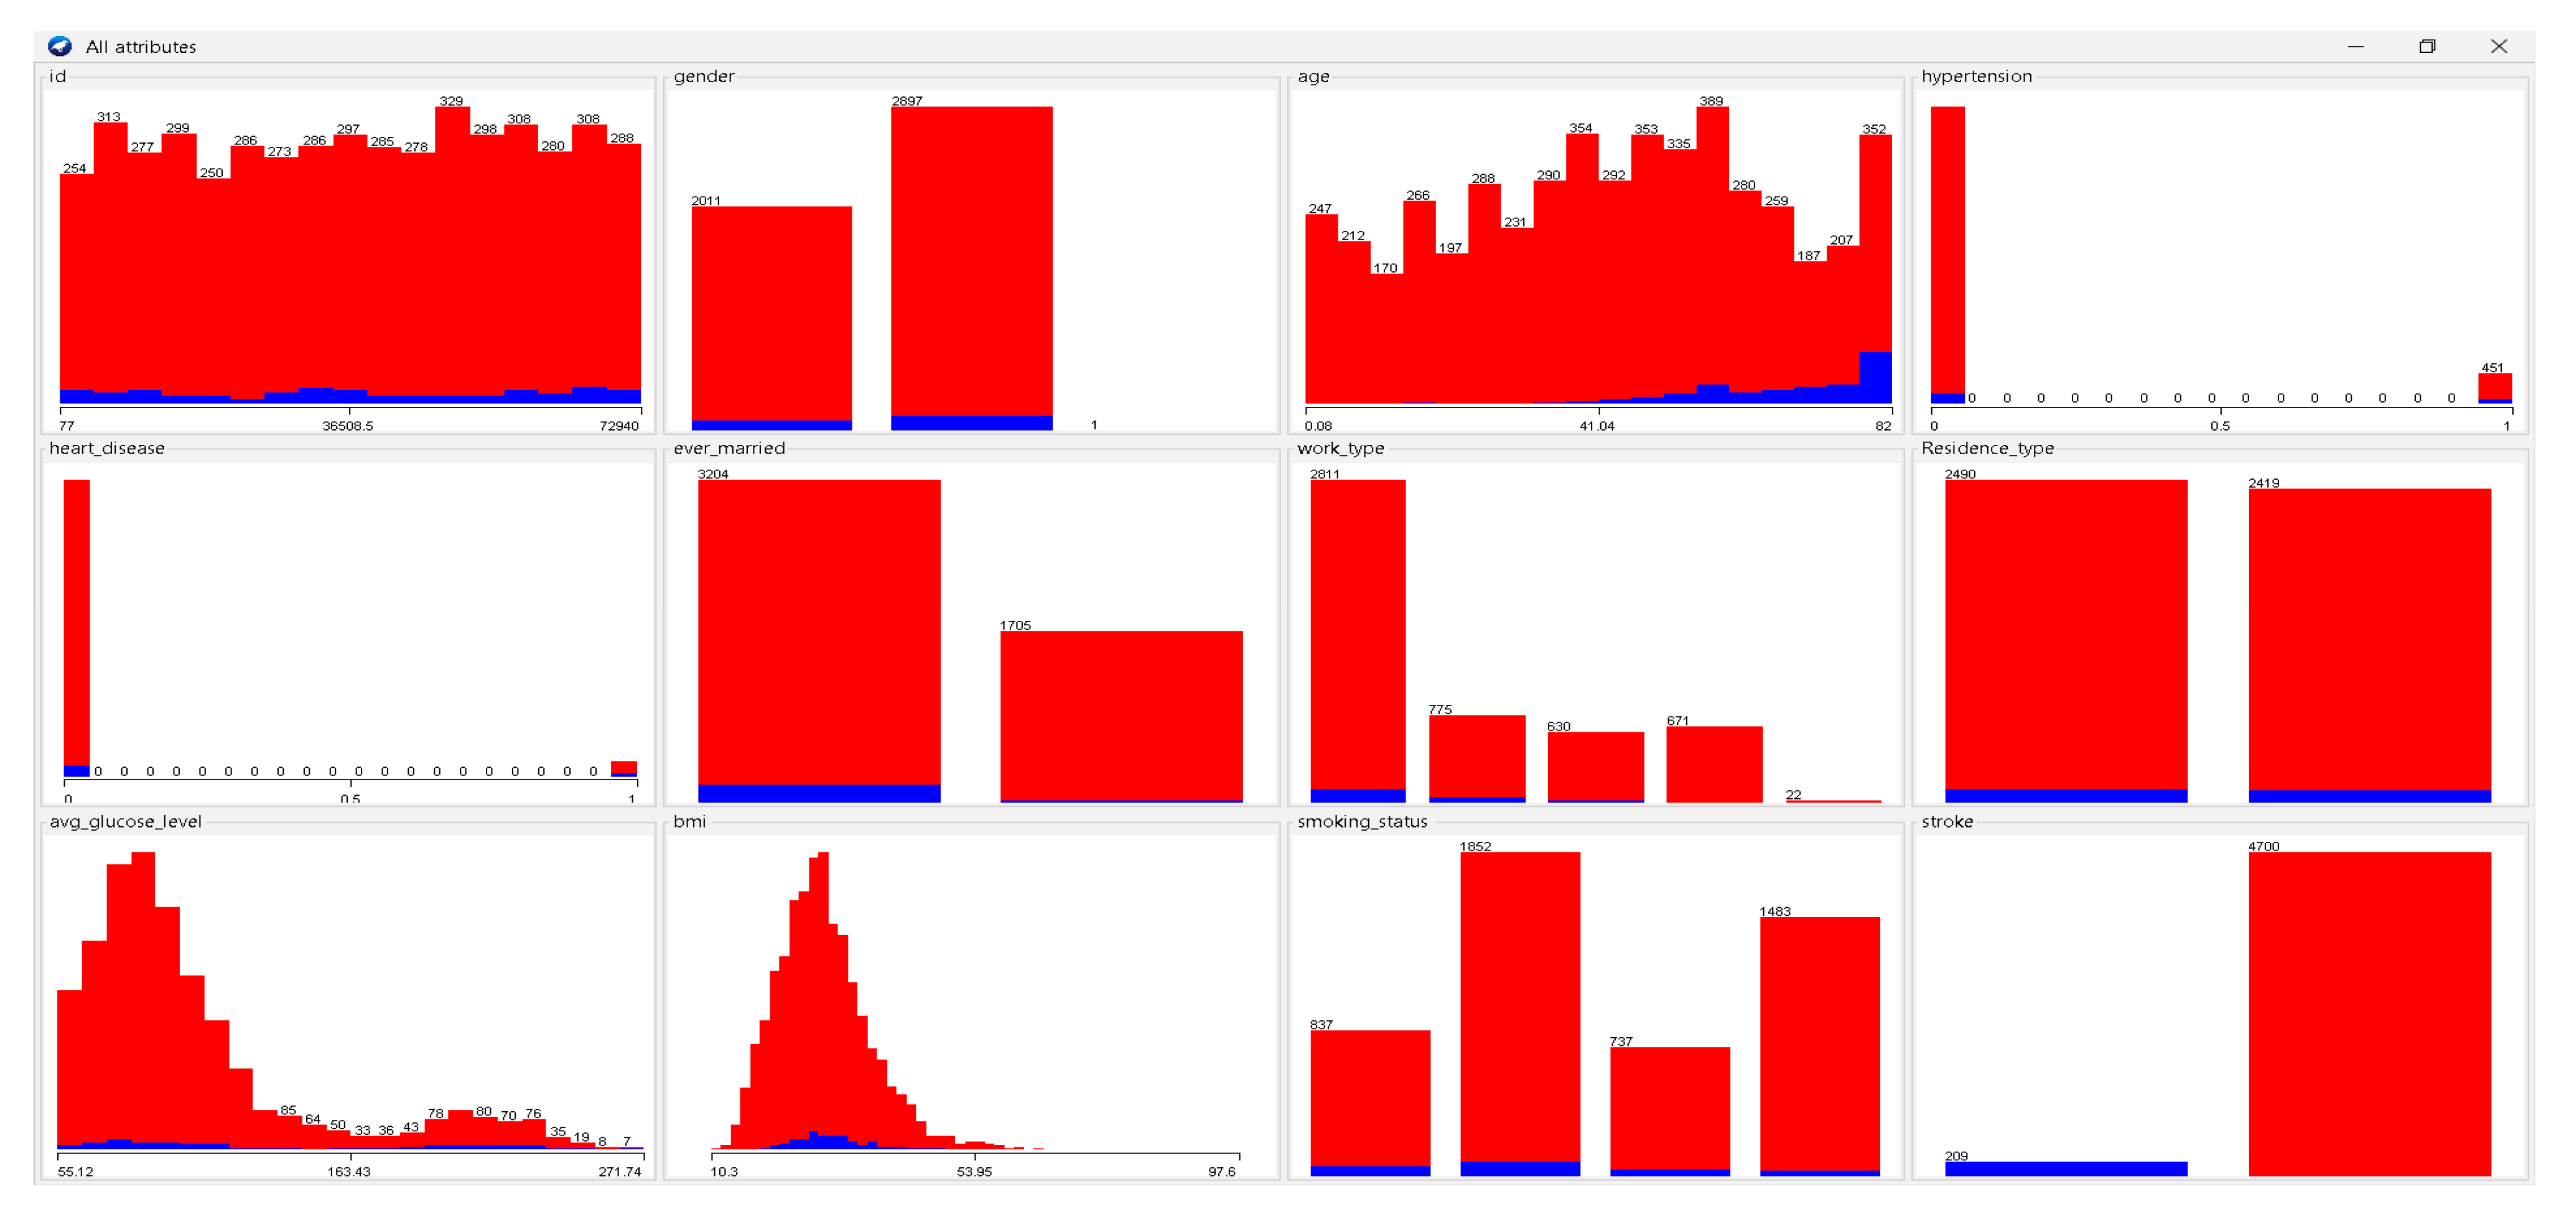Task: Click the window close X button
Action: tap(2499, 47)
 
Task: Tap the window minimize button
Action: tap(2356, 47)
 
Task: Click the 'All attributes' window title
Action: tap(141, 47)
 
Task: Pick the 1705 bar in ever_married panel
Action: tap(1121, 716)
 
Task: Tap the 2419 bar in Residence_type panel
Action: tap(2369, 641)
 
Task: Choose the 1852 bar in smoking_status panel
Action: tap(1520, 1009)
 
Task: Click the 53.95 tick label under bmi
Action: tap(974, 1172)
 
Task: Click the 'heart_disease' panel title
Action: tap(107, 448)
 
